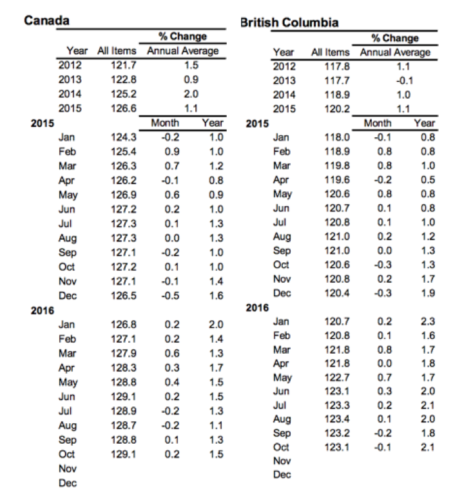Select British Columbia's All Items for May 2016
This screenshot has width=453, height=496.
point(338,377)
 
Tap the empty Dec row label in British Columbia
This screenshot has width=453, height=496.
point(282,475)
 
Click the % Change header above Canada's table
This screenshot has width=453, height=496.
point(182,36)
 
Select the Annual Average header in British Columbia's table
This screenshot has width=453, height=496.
point(395,52)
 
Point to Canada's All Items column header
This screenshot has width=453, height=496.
point(117,50)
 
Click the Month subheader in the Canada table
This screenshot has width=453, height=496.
point(163,122)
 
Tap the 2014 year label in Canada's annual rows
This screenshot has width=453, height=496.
point(69,94)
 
